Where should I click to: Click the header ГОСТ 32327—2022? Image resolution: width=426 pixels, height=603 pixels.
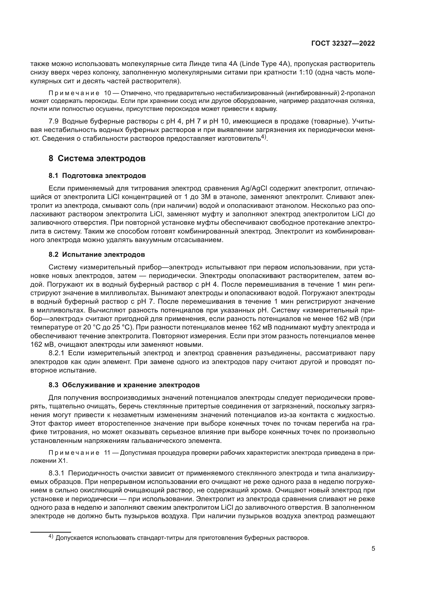pos(343,44)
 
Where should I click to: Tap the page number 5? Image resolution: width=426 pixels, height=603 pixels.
pos(373,549)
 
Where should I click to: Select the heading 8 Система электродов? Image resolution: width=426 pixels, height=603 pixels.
pos(97,159)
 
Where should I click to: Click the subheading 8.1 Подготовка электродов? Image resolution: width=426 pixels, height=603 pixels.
pos(97,176)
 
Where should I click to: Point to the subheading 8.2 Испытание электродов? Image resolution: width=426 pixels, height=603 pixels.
pos(97,254)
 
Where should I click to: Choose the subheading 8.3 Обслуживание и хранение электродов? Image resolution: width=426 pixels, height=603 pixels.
pos(124,385)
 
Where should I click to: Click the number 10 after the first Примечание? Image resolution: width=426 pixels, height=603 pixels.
pos(108,93)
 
